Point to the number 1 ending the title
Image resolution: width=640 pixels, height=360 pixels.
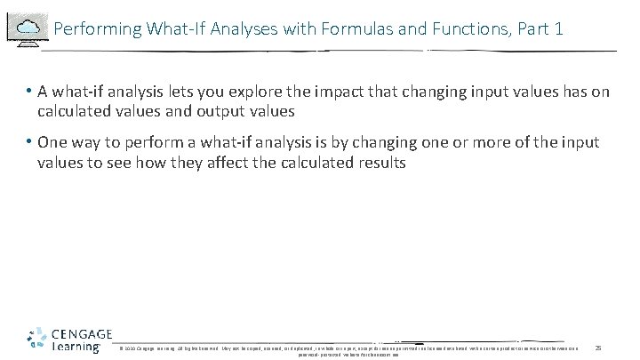point(557,29)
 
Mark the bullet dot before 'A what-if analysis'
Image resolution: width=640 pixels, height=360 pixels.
point(29,92)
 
